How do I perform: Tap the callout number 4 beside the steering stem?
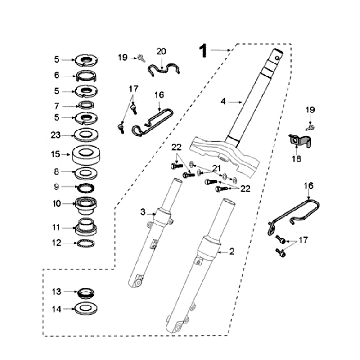[x=223, y=100]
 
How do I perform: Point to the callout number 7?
[x=56, y=105]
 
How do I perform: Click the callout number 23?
[x=55, y=135]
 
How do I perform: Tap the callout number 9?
[x=56, y=186]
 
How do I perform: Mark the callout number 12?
[x=56, y=242]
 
